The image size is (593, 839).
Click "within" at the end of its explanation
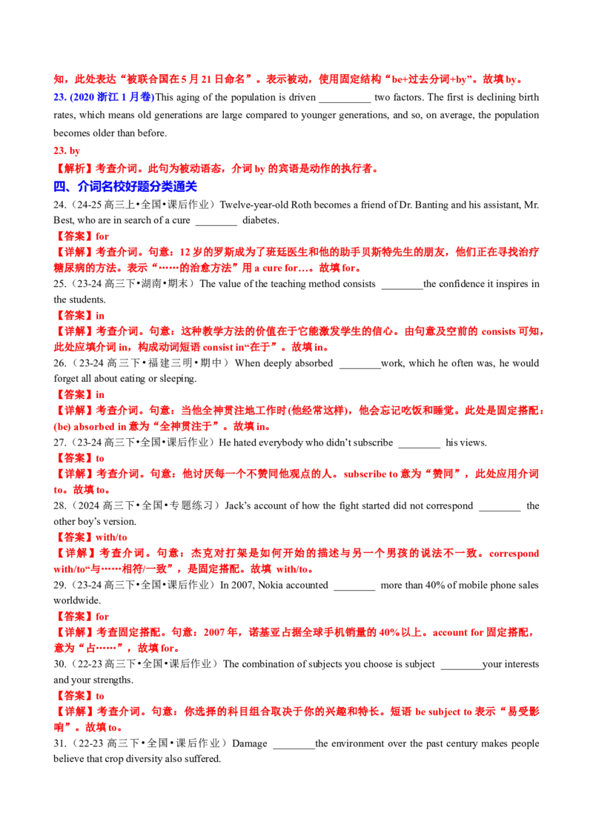294,571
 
